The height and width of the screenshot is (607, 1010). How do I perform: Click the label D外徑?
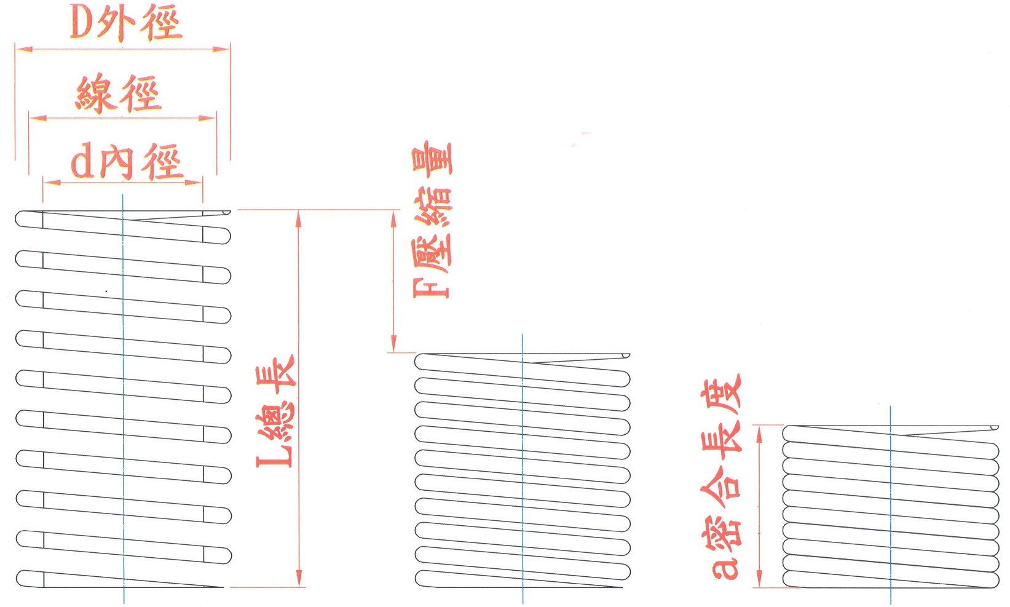tap(126, 23)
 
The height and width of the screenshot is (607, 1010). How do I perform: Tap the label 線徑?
tap(118, 93)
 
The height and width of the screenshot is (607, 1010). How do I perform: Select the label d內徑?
tap(127, 162)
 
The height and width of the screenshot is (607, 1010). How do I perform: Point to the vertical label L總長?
tap(275, 411)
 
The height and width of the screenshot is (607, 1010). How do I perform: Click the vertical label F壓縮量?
tap(432, 220)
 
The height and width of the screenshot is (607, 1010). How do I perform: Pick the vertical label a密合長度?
tap(720, 477)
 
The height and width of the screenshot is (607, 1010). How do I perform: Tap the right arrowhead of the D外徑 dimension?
tap(221, 49)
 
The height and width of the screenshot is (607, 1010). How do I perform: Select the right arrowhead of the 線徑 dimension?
tap(207, 118)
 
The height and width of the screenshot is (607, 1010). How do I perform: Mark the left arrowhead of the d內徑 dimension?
tap(52, 183)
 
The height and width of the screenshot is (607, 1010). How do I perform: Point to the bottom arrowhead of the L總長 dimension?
tap(299, 578)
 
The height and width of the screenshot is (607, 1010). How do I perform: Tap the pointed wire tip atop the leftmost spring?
tap(229, 212)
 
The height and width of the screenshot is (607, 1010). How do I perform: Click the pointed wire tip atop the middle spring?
tap(628, 355)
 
